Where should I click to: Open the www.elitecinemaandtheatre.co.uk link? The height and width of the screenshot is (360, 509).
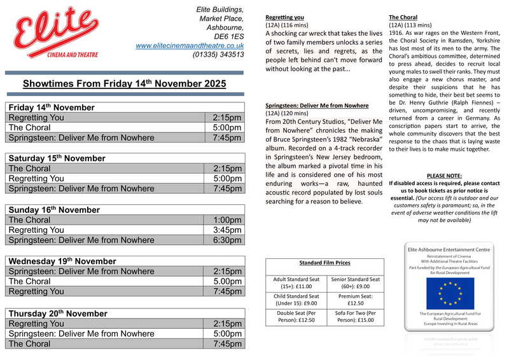coord(190,46)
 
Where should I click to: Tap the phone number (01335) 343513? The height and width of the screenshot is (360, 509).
coord(218,55)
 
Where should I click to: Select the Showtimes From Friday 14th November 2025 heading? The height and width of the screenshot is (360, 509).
coord(125,83)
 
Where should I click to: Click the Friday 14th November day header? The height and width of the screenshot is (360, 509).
coord(52,107)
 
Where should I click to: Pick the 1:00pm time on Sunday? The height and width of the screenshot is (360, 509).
coord(227,220)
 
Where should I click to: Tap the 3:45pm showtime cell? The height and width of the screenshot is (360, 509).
coord(227,230)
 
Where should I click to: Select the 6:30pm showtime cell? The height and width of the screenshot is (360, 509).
coord(227,240)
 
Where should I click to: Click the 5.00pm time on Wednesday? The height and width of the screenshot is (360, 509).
coord(227,281)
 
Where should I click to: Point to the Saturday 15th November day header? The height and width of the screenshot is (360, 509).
coord(57,158)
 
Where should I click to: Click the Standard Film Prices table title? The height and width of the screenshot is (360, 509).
coord(324,263)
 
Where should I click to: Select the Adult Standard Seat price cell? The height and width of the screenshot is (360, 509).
coord(295,283)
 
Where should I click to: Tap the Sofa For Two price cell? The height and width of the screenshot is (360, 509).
coord(354,317)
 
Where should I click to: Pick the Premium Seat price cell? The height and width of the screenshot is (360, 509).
coord(354,300)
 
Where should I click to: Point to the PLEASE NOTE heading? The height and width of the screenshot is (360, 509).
coord(444,176)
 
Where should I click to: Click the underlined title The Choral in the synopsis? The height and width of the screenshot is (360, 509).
coord(403,17)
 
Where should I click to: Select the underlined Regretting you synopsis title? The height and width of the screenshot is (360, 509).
coord(284,17)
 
